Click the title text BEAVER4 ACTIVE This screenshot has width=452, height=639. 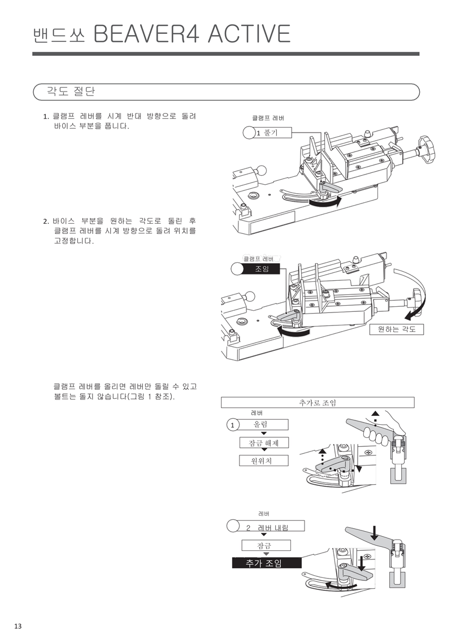192,34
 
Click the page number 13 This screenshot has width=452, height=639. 18,625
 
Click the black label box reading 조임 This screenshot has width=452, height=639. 262,269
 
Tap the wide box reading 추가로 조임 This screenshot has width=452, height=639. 317,402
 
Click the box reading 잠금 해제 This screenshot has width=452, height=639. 264,443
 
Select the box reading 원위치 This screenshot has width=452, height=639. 264,460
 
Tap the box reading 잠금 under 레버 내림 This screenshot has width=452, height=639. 266,545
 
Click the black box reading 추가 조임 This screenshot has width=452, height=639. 266,563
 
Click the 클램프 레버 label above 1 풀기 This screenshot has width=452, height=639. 268,118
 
